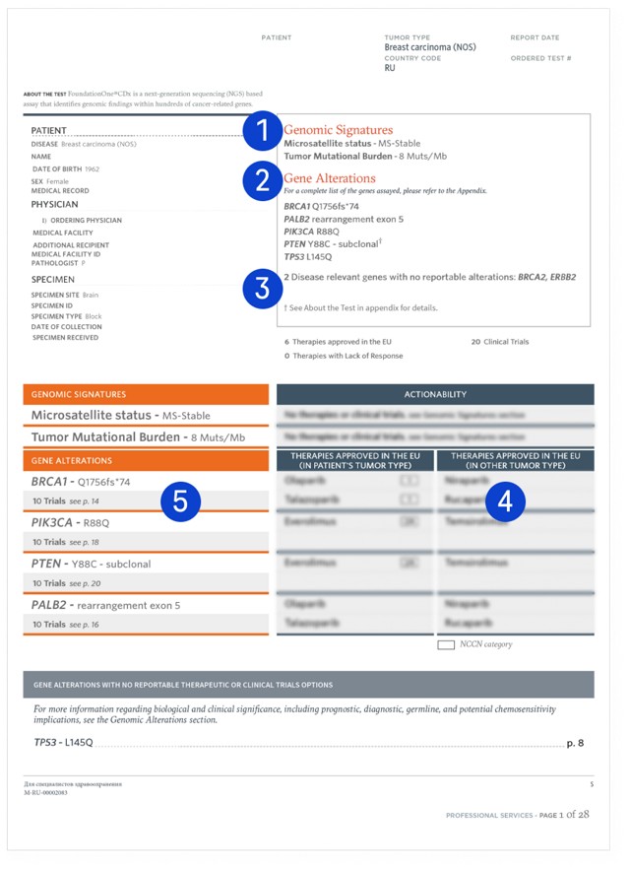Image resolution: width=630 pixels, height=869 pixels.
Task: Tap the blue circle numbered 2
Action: point(263,180)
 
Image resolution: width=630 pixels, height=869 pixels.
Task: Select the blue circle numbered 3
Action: point(263,288)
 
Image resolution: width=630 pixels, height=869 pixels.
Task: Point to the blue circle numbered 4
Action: point(505,501)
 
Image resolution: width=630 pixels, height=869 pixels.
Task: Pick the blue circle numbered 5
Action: point(180,501)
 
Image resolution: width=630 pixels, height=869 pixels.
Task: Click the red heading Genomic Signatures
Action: point(338,130)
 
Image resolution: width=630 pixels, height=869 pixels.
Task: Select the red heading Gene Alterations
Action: point(330,178)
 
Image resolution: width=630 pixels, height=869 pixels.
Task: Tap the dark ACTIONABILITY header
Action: point(435,394)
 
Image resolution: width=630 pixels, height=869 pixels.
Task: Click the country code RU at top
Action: point(391,69)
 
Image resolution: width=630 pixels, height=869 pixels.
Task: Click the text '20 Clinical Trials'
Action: point(501,342)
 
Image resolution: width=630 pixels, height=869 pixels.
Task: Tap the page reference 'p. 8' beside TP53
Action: point(575,743)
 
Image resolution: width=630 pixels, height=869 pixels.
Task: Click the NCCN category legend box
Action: point(445,644)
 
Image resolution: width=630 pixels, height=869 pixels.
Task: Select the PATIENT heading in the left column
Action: point(49,130)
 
